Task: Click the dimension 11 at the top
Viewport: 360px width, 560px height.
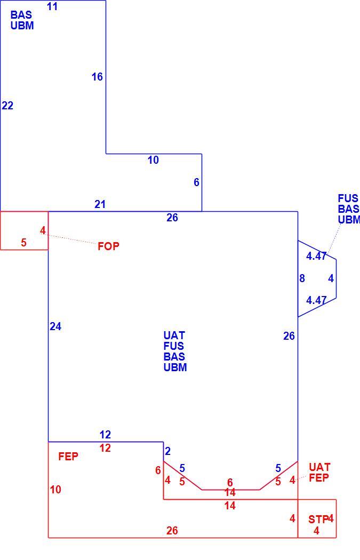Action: tap(52, 6)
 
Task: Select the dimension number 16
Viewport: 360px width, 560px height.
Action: tap(97, 77)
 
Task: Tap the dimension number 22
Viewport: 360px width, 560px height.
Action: tap(7, 106)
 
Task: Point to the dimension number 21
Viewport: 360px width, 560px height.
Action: tap(100, 204)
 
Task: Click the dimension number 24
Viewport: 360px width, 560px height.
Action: tap(55, 326)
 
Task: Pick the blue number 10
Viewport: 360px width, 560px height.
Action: tap(153, 160)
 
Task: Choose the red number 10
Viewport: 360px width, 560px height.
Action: tap(55, 490)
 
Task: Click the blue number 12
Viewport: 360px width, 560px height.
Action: tap(105, 435)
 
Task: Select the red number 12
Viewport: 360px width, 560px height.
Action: tap(105, 448)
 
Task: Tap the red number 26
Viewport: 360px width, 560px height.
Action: tap(172, 531)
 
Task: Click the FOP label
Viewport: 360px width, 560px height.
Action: tap(109, 246)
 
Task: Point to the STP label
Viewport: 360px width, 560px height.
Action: tap(318, 519)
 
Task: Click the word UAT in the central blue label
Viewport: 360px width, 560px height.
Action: tap(174, 335)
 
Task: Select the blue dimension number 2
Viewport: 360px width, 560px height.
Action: tap(167, 451)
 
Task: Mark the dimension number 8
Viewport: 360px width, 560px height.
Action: tap(302, 278)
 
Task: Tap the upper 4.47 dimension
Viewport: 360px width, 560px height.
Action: tap(316, 256)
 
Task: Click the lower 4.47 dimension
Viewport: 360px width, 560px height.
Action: tap(316, 300)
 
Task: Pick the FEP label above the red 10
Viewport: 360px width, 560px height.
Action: tap(68, 457)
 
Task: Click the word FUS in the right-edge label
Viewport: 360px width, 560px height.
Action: tap(348, 198)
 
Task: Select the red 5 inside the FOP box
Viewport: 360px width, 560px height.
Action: tap(23, 243)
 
